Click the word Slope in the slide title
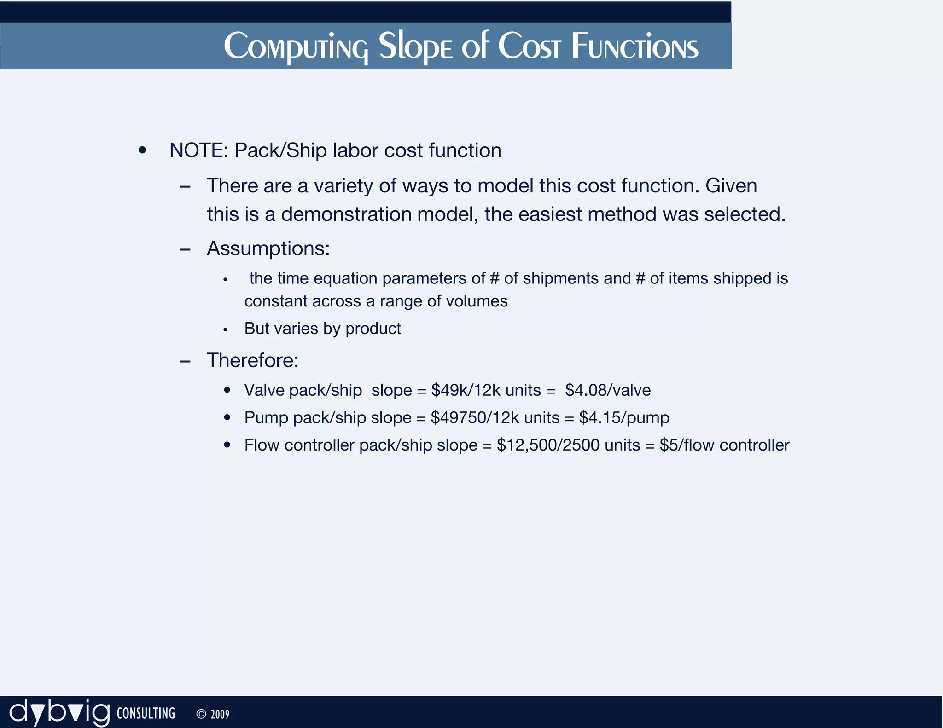tap(415, 46)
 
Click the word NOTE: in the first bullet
tap(199, 150)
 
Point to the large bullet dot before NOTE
tap(142, 150)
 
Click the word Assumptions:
tap(268, 248)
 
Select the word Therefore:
tap(252, 360)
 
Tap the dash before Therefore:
tap(185, 361)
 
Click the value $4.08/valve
tap(608, 390)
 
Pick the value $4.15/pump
tap(624, 417)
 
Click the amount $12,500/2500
tap(548, 445)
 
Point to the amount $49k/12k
tap(466, 390)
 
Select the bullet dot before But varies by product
tap(225, 329)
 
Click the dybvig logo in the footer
tap(59, 712)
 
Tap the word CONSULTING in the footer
tap(146, 713)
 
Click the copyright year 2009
tap(220, 714)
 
